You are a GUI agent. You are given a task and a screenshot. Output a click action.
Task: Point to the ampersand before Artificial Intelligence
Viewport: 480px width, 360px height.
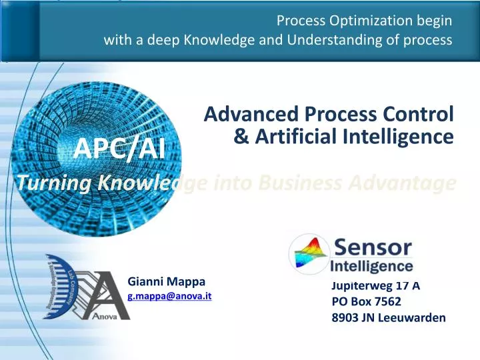click(x=243, y=137)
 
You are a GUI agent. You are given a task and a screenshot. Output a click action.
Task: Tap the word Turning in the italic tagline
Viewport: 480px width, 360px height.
click(x=46, y=182)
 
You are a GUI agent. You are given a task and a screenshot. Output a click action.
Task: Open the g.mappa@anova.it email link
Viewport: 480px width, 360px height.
click(x=169, y=295)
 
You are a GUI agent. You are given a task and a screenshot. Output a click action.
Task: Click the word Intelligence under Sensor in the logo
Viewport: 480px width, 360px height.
click(x=372, y=267)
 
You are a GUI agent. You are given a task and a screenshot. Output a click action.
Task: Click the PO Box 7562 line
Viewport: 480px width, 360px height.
click(x=366, y=301)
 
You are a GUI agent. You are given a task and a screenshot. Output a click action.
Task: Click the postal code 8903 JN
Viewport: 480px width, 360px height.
click(x=353, y=317)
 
